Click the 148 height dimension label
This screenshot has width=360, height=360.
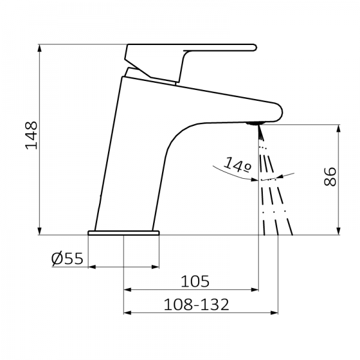pyautogui.click(x=31, y=136)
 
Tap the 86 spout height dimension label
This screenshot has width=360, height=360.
pyautogui.click(x=330, y=176)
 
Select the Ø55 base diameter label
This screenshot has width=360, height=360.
pyautogui.click(x=67, y=259)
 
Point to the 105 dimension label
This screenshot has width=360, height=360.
pyautogui.click(x=195, y=281)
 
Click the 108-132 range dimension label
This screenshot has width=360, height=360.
pyautogui.click(x=196, y=304)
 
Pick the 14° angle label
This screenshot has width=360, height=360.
pyautogui.click(x=238, y=165)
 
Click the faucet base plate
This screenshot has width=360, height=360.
pyautogui.click(x=124, y=233)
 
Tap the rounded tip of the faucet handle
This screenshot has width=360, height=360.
pyautogui.click(x=254, y=47)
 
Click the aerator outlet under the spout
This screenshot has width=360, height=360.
pyautogui.click(x=253, y=124)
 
